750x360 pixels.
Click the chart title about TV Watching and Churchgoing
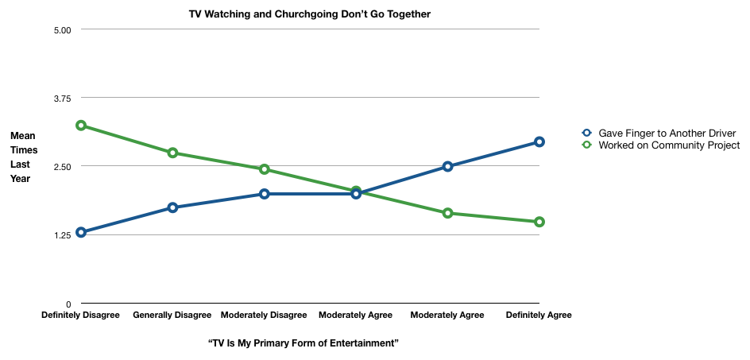pos(310,14)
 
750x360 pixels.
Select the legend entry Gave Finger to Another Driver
pos(667,133)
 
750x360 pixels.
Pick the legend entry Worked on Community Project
pos(669,145)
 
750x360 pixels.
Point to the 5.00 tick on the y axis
pos(63,30)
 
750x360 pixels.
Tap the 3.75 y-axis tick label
pos(63,98)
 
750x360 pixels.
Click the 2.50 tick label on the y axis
pos(63,166)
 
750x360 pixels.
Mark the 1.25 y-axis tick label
pos(63,234)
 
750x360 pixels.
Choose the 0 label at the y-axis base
pos(68,304)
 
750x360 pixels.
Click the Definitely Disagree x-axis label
pos(80,315)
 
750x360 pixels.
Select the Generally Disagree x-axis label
pos(172,315)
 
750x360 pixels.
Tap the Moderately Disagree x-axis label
pos(264,315)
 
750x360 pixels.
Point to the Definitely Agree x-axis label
pos(539,315)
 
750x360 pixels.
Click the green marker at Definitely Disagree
pos(81,126)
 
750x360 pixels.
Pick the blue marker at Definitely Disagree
pos(81,232)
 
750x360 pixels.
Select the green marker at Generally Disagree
pos(172,153)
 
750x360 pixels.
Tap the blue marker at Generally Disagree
pos(172,207)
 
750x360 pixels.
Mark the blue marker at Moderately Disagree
pos(265,194)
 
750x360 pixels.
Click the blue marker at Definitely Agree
pos(539,141)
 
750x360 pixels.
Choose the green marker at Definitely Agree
pos(539,222)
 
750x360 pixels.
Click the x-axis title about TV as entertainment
pos(303,343)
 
